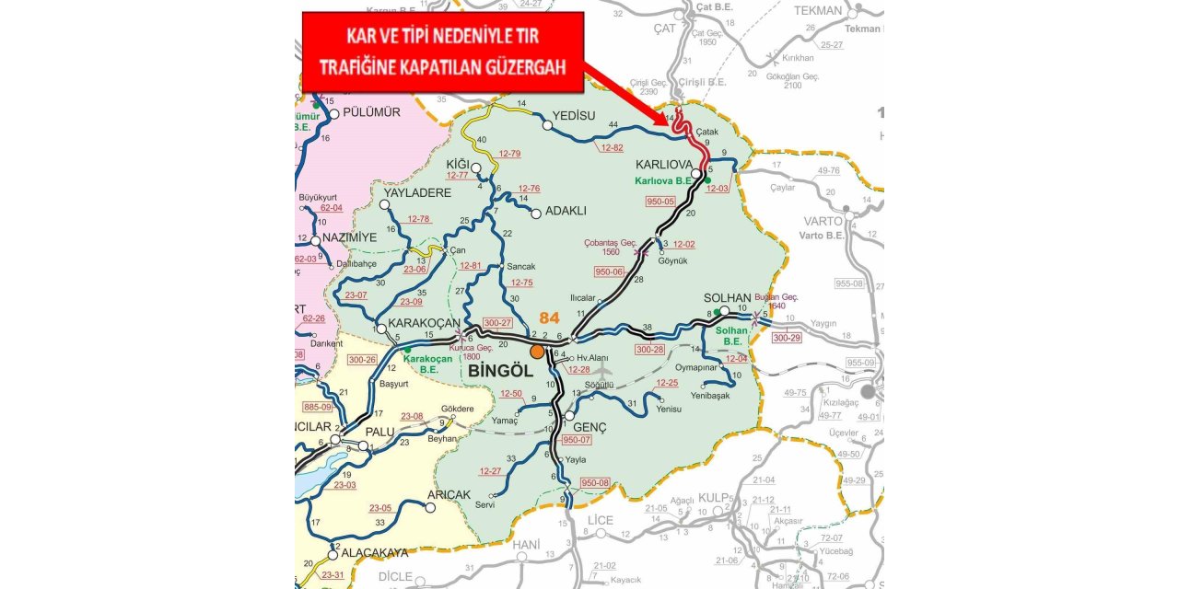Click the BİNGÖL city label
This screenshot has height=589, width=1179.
point(501,370)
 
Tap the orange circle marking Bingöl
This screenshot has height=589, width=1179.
point(537,351)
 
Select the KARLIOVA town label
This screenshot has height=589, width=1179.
point(665,165)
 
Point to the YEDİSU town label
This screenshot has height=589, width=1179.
point(578,116)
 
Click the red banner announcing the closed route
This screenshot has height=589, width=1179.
point(443,52)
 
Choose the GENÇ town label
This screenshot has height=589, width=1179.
point(589,428)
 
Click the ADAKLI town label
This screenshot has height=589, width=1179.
point(566,211)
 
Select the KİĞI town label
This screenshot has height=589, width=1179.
point(458,164)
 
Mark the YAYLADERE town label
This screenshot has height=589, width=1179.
point(417,193)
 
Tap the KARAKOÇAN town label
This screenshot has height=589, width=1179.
point(424,323)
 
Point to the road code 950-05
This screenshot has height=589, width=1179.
point(660,201)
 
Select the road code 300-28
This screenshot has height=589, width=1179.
point(649,350)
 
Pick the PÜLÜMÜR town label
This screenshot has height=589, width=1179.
point(371,112)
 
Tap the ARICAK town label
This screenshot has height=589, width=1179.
point(449,494)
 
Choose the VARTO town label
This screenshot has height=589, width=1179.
point(823,221)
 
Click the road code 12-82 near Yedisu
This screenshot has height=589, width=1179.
point(612,147)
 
